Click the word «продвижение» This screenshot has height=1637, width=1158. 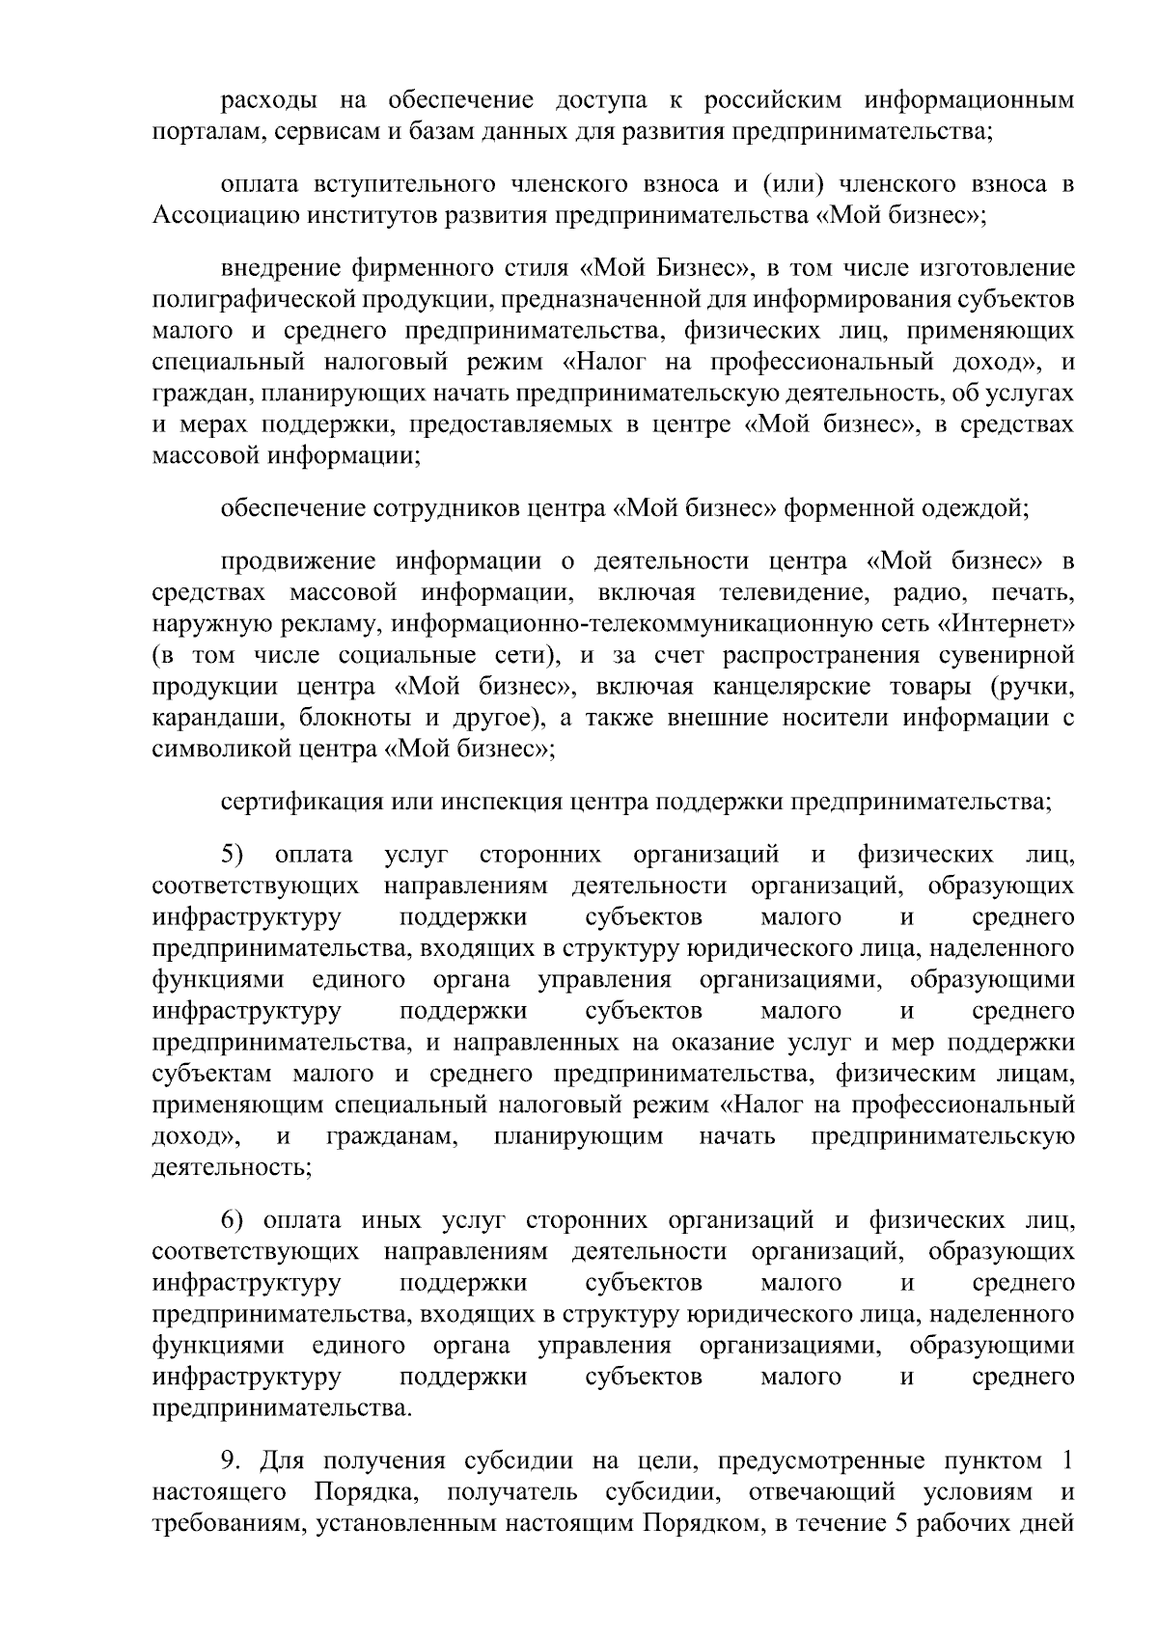click(295, 561)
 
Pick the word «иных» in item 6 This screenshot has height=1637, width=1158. click(392, 1221)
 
